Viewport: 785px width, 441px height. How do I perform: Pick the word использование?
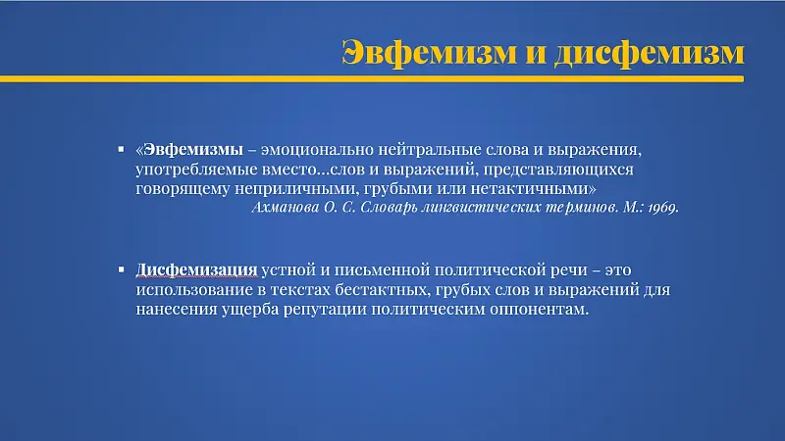pos(193,290)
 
